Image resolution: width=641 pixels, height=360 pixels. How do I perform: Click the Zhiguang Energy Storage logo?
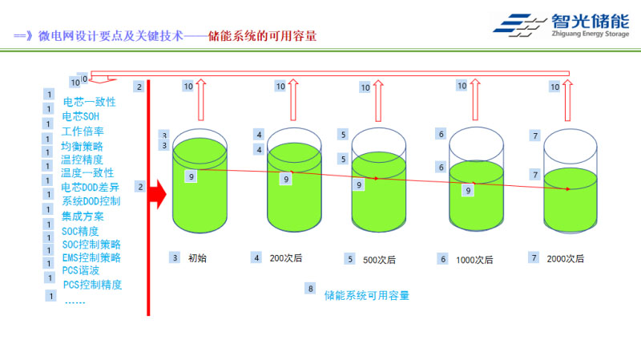pos(560,27)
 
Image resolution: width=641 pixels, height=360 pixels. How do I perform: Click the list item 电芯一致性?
pos(90,103)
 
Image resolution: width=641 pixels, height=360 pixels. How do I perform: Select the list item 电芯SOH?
pos(80,117)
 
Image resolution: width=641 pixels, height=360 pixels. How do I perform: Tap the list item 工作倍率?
pos(83,131)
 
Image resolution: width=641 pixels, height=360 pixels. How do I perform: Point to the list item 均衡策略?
pos(83,146)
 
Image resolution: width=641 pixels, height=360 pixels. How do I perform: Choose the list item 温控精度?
pos(83,160)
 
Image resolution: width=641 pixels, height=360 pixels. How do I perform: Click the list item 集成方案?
pos(83,216)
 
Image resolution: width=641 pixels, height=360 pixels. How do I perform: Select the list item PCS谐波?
pos(81,271)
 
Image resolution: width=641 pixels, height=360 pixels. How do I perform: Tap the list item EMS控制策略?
pos(91,257)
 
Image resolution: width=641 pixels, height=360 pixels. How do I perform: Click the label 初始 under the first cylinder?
pos(197,258)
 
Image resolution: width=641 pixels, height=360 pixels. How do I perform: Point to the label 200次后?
pos(286,258)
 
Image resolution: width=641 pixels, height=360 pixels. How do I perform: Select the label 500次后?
pos(379,259)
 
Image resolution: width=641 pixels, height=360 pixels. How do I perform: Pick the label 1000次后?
pos(474,259)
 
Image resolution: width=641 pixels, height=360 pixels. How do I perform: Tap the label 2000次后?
pos(566,258)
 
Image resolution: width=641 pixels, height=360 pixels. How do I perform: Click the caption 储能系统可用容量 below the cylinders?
pos(367,295)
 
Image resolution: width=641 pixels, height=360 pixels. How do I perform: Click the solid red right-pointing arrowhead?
pos(159,193)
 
